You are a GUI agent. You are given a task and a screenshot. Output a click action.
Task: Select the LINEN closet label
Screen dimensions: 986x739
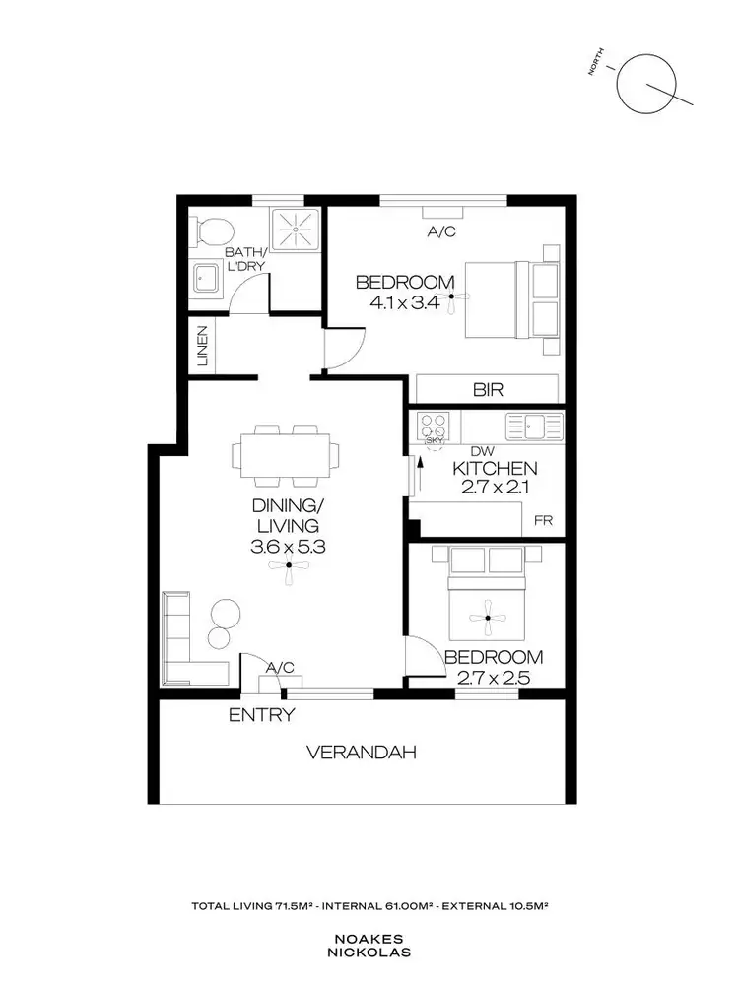[x=202, y=346]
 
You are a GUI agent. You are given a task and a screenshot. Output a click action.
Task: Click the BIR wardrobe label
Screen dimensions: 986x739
[x=488, y=389]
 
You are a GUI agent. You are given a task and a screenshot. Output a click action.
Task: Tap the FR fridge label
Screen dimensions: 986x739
[x=543, y=521]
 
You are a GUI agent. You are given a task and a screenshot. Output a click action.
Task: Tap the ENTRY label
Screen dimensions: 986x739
[x=261, y=715]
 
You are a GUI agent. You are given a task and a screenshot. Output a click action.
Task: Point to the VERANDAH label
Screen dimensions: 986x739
[x=361, y=753]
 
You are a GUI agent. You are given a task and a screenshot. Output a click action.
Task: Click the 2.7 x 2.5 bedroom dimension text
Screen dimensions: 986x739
[x=493, y=677]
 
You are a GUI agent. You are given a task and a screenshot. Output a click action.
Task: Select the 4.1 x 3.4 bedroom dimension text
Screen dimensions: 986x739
[x=405, y=302]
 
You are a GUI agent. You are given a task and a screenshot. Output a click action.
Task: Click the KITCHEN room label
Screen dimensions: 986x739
[x=494, y=468]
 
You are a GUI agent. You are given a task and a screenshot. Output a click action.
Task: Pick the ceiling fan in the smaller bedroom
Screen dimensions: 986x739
[x=486, y=619]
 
